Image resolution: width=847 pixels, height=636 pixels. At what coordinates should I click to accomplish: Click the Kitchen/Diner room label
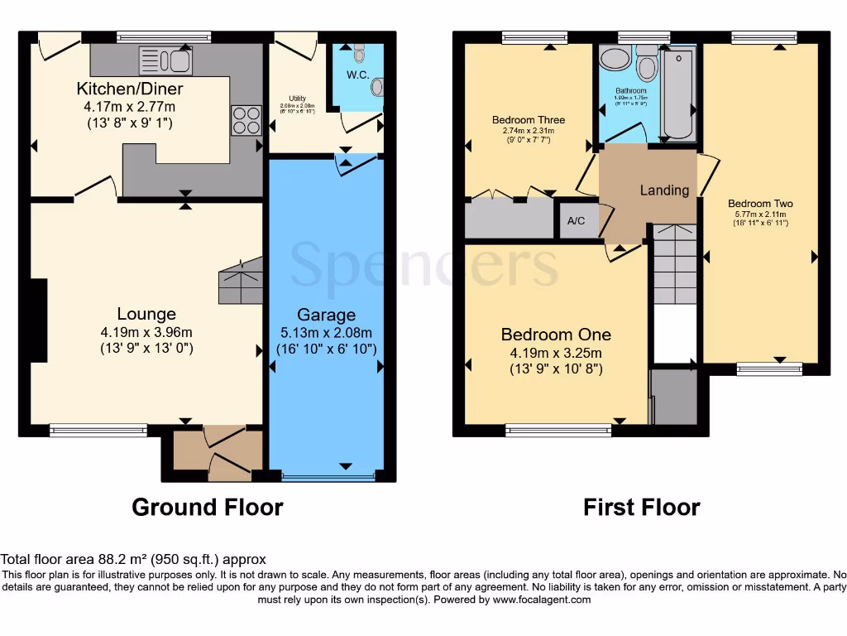point(130,89)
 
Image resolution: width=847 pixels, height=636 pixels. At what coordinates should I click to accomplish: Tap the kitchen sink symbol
point(165,61)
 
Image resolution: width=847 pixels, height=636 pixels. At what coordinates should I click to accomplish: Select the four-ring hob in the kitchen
point(246,121)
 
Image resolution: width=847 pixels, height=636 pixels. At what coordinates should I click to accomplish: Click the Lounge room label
point(146,314)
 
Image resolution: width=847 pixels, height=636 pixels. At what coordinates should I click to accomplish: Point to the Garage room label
point(327,315)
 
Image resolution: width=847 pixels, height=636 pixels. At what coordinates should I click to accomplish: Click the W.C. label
point(358,75)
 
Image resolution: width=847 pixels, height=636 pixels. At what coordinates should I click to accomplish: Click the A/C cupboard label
point(577,221)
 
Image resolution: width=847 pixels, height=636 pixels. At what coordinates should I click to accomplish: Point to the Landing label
point(664,190)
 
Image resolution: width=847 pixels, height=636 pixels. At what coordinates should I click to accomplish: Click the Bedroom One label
point(556,335)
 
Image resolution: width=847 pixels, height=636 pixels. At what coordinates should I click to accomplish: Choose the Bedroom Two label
point(760,204)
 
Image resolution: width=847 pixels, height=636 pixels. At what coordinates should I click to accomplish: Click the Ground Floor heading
point(207,507)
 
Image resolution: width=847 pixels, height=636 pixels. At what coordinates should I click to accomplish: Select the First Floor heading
point(642,507)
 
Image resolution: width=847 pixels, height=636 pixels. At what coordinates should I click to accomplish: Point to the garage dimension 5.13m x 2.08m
point(327,332)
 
